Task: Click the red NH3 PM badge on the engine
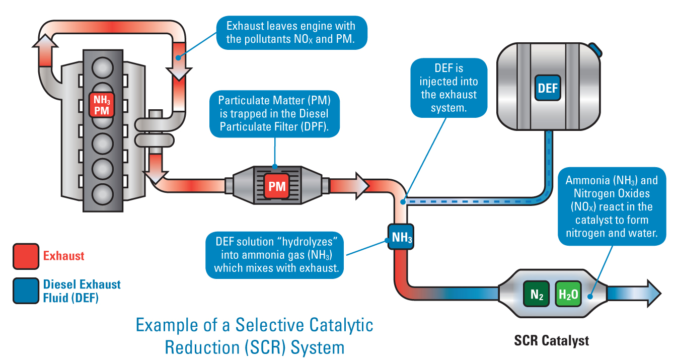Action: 101,105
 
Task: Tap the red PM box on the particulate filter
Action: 276,186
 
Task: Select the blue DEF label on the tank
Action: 548,88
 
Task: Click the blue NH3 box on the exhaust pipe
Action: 401,237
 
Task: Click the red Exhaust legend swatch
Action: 26,256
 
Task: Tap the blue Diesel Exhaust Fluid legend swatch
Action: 26,291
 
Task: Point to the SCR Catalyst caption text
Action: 551,341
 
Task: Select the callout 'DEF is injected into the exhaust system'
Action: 448,88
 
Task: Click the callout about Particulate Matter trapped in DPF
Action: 274,113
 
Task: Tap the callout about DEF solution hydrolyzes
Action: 275,254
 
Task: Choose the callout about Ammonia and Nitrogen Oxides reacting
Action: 611,206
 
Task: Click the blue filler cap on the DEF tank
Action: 595,49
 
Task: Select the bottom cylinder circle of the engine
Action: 104,192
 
